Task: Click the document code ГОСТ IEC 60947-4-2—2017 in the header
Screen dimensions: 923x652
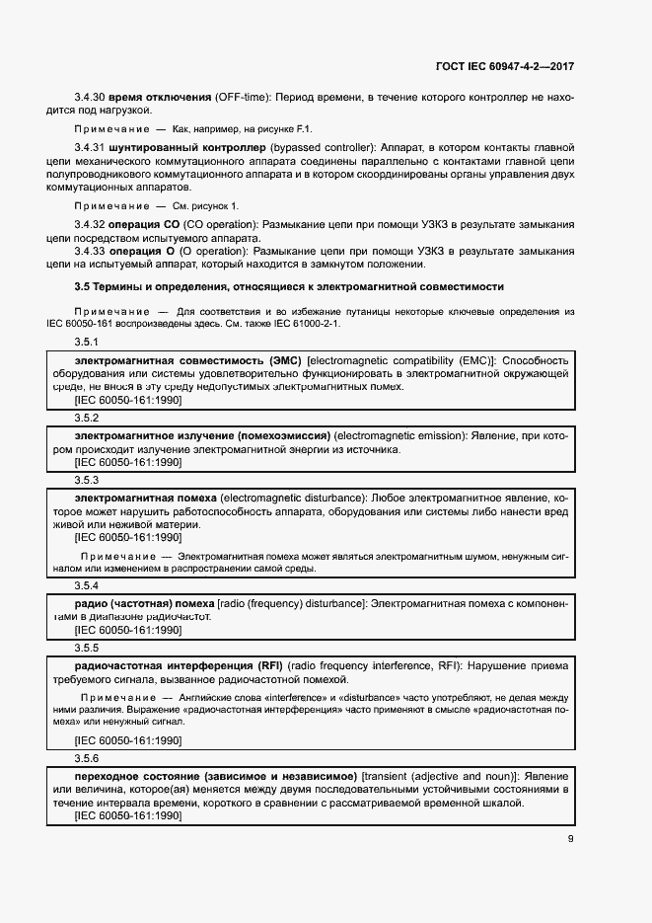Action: tap(504, 67)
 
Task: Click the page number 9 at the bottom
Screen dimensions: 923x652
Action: tap(570, 840)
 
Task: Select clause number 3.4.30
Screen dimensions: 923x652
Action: tap(92, 98)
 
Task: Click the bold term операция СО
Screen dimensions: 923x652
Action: tap(143, 226)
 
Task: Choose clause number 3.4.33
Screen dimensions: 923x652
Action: tap(92, 252)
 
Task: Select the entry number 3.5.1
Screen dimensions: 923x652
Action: tap(87, 341)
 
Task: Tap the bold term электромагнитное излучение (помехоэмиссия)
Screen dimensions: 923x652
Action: tap(202, 435)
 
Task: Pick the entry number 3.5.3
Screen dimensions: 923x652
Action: tap(87, 479)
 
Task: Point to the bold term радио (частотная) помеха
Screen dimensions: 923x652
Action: tap(145, 602)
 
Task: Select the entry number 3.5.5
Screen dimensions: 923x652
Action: tap(87, 648)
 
